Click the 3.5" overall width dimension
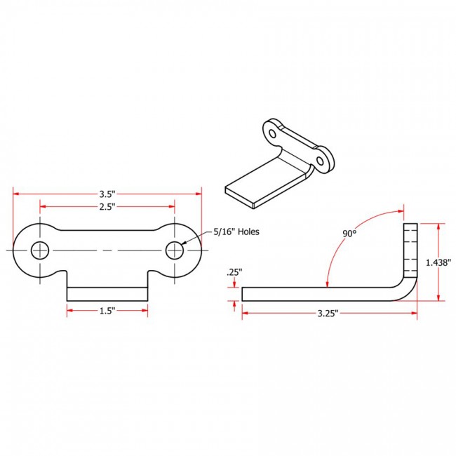107,194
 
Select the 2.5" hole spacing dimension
107,207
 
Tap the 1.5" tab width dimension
107,311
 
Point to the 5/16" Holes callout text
236,232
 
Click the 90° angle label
349,233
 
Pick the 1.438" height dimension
438,262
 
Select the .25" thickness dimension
234,272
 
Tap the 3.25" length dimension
328,313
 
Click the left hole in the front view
40,250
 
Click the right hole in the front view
175,250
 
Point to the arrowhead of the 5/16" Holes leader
182,243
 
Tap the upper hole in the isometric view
272,134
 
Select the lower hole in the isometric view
320,161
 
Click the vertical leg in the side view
410,250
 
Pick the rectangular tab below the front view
107,294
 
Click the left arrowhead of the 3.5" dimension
16,194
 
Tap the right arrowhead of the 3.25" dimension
414,313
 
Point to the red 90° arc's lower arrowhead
328,284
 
